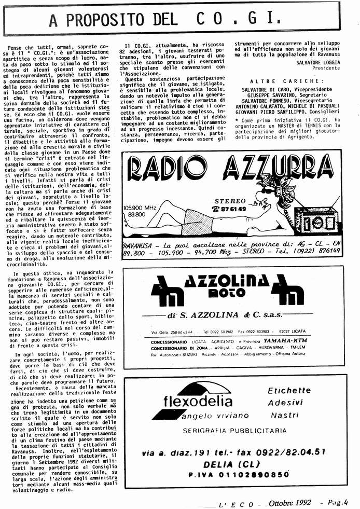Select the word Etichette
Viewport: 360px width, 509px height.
click(x=289, y=391)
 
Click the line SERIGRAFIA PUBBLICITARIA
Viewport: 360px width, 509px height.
click(x=234, y=431)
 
